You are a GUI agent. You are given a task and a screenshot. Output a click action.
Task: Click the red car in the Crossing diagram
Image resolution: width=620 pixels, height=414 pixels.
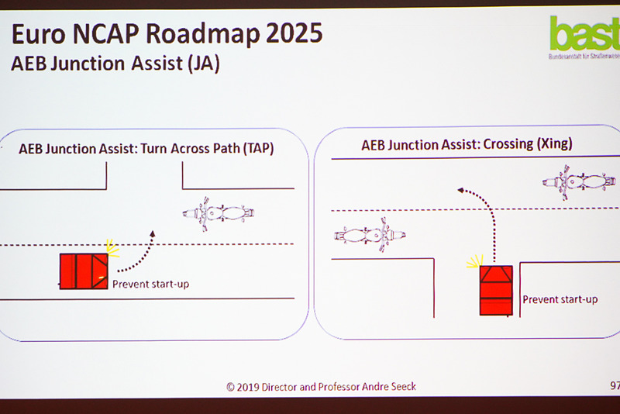point(495,290)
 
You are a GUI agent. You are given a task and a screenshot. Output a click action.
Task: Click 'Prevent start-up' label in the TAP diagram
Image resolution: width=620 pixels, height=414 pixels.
point(150,284)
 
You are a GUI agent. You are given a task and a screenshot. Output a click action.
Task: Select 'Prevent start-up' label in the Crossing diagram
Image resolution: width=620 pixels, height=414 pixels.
point(560,299)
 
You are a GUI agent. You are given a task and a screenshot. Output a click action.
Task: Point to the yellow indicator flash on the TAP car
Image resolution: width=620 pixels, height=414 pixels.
point(112,248)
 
